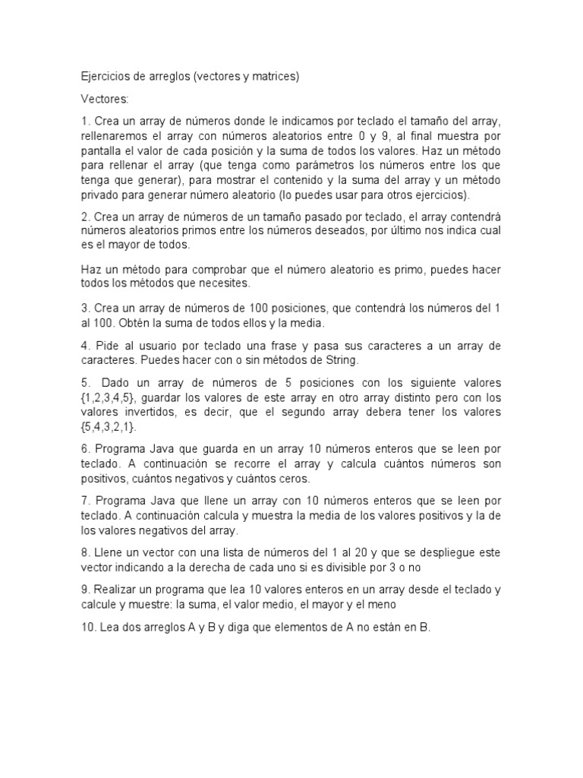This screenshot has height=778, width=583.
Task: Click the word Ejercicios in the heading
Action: pos(105,77)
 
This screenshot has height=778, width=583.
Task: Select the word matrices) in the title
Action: pos(277,77)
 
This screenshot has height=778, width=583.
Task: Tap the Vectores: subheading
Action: pos(105,99)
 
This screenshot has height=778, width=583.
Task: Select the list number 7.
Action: pos(85,501)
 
